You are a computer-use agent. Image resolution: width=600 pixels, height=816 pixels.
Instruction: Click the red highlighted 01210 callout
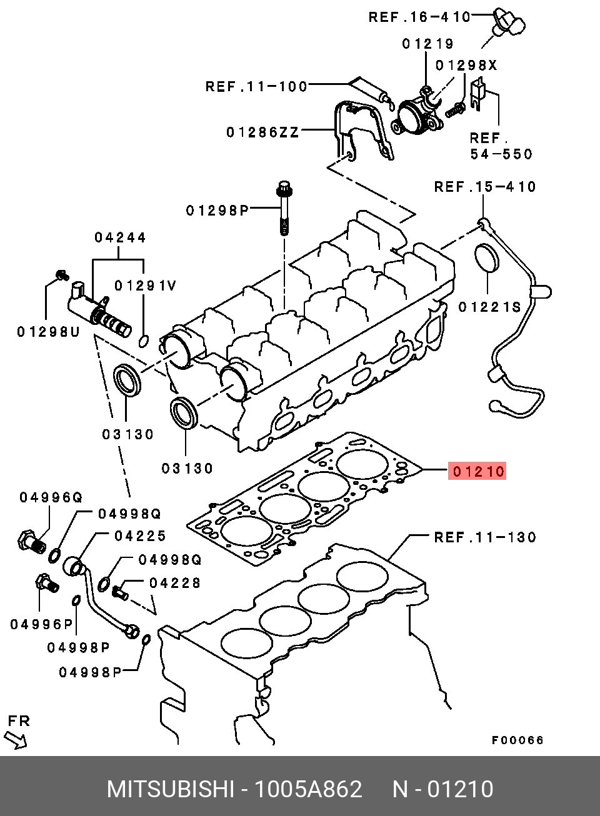(x=477, y=471)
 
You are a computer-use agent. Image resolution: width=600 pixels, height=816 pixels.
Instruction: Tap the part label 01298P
(x=217, y=210)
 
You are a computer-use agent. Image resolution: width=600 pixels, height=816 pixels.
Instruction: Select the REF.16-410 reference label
(x=419, y=17)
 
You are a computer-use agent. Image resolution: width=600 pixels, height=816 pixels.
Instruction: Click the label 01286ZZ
(x=262, y=132)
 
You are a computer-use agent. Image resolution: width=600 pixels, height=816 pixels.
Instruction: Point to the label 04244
(x=120, y=237)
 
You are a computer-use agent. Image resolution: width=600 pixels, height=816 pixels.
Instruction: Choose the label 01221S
(x=489, y=307)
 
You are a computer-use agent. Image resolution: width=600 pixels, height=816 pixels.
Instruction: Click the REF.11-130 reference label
(x=485, y=537)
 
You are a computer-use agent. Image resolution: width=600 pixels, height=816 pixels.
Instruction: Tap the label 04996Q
(x=51, y=497)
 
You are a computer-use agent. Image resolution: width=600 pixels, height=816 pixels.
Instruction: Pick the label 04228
(x=175, y=582)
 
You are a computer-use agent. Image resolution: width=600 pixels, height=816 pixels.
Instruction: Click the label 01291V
(x=146, y=286)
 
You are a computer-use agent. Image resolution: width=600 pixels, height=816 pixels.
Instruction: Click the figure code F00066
(x=517, y=740)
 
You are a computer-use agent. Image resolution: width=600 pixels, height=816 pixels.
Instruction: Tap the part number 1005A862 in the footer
(x=308, y=789)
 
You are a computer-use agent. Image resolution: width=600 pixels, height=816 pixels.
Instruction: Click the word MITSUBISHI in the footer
(x=170, y=789)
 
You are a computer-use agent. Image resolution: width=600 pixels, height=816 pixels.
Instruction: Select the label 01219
(x=427, y=44)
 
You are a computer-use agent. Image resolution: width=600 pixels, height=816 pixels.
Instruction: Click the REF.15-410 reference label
(x=485, y=187)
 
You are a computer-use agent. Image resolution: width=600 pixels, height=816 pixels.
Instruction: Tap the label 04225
(x=140, y=535)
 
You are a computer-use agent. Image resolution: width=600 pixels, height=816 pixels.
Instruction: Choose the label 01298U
(x=48, y=332)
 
